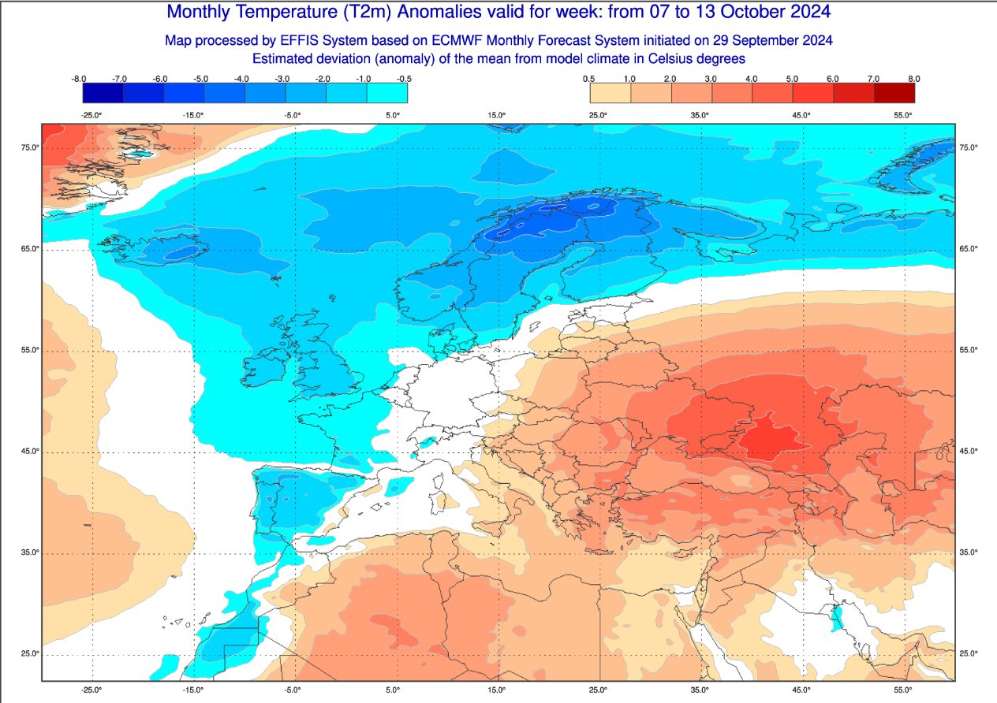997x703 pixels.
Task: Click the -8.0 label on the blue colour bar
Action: pyautogui.click(x=78, y=79)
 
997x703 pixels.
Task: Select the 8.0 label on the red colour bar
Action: pyautogui.click(x=914, y=79)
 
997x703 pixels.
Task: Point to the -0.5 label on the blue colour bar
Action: pyautogui.click(x=404, y=79)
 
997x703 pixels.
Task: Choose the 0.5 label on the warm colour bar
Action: pyautogui.click(x=588, y=79)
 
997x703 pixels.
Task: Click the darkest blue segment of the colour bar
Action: pyautogui.click(x=103, y=93)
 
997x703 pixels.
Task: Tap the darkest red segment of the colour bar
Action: pyautogui.click(x=894, y=93)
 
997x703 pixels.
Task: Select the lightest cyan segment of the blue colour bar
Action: pyautogui.click(x=387, y=93)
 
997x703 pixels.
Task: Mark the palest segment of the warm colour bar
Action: pyautogui.click(x=611, y=93)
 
